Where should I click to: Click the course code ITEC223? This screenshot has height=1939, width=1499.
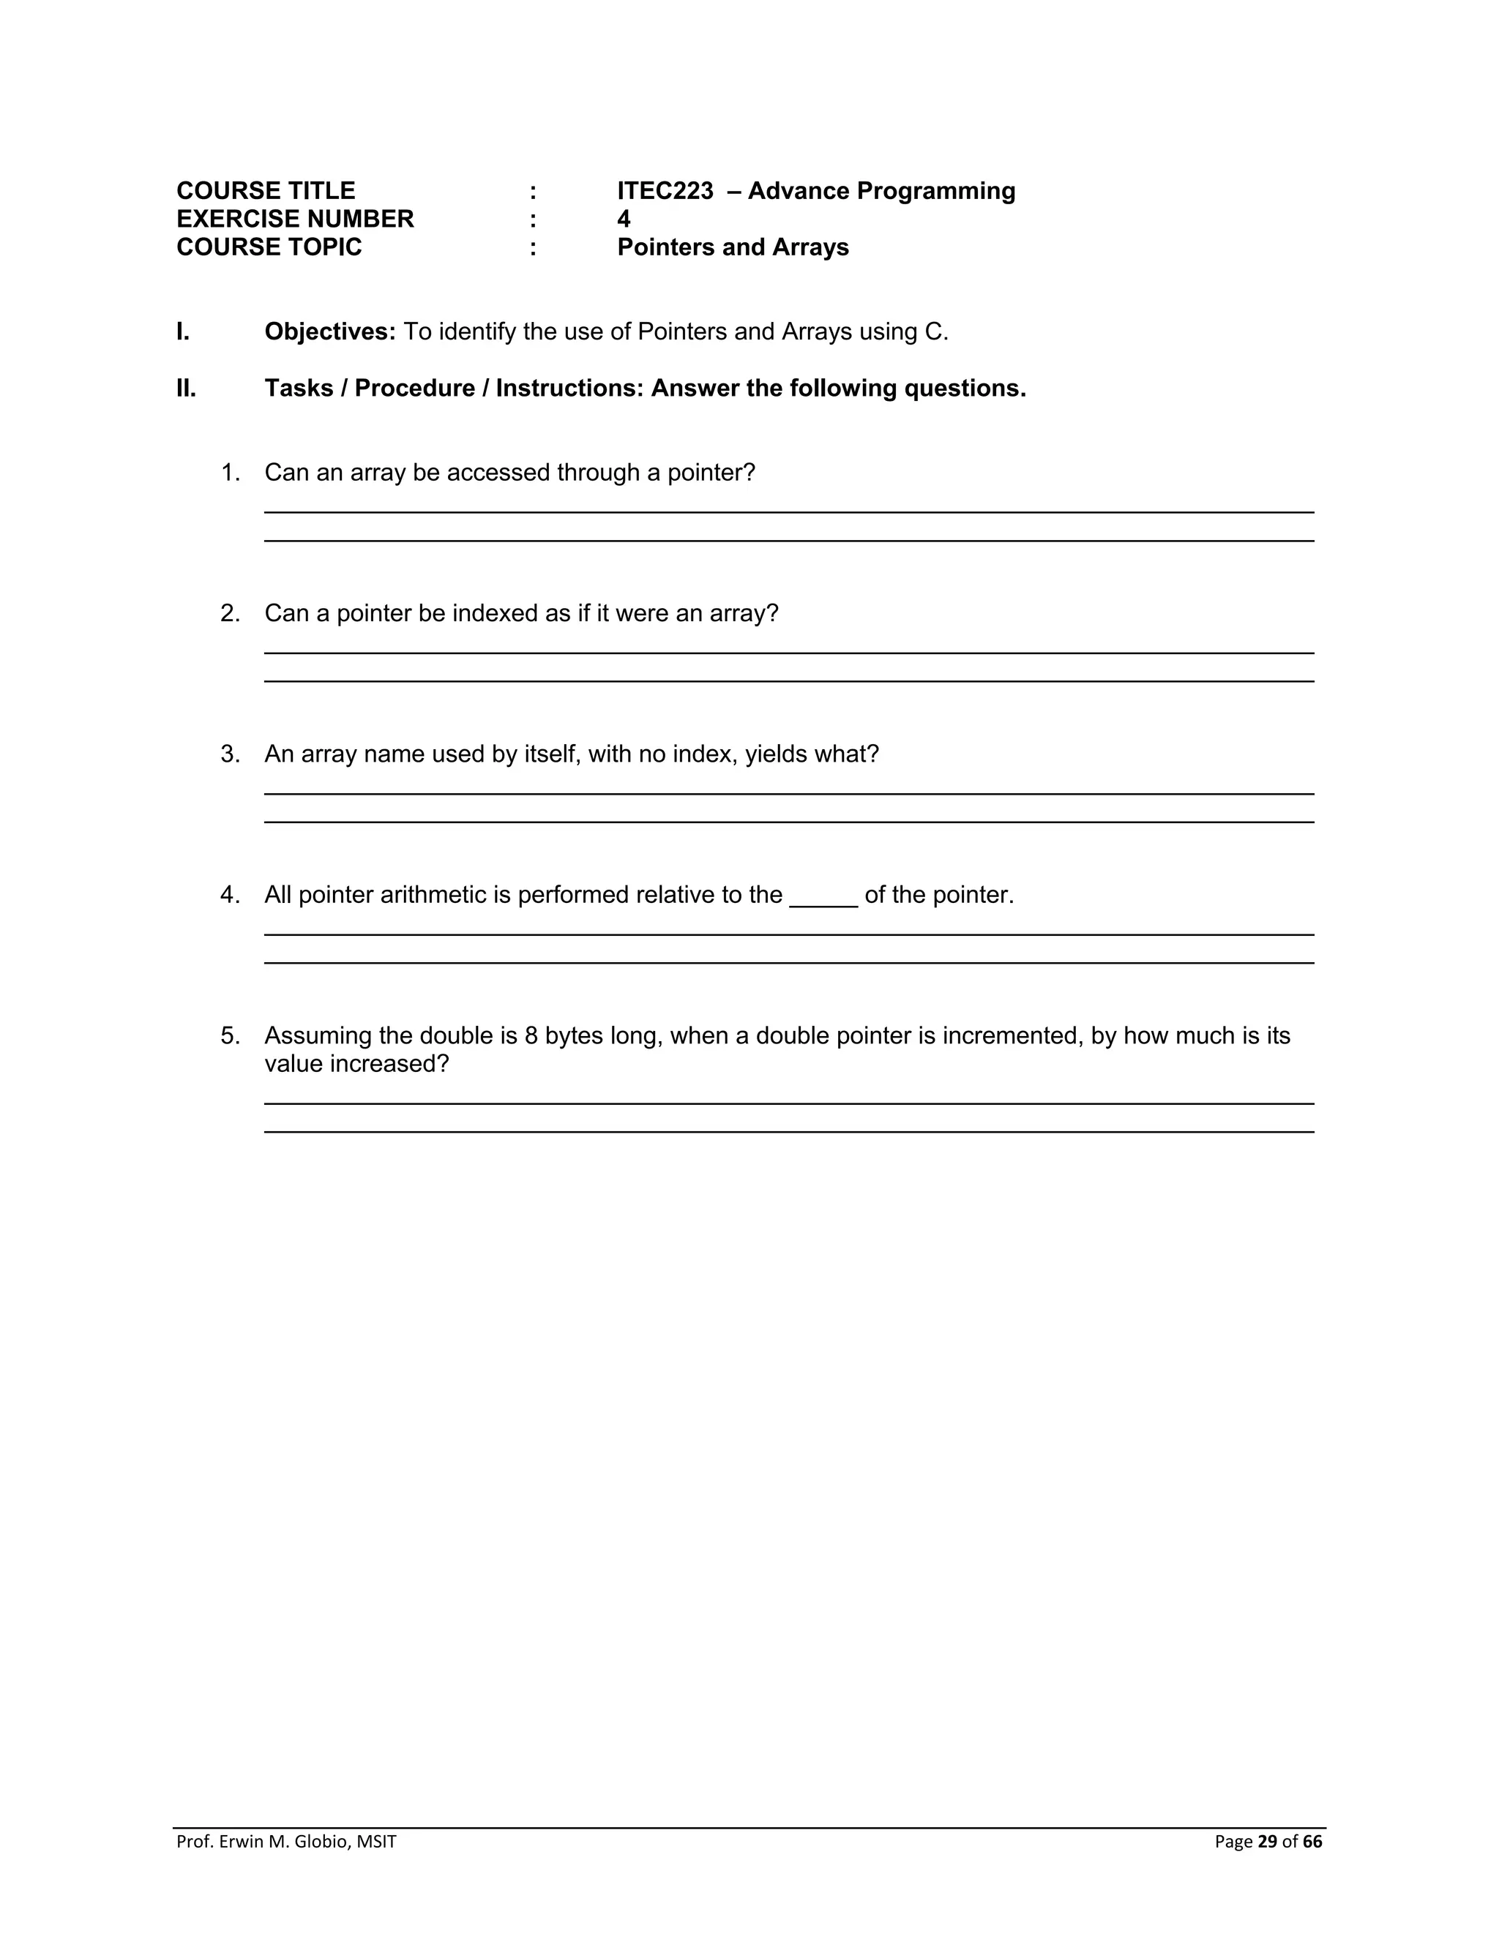pos(665,191)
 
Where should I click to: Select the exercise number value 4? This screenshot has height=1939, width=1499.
pos(624,220)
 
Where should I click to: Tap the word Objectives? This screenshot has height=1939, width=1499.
pos(329,331)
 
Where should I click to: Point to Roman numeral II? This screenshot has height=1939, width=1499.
pos(186,388)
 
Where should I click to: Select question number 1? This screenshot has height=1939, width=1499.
pos(230,473)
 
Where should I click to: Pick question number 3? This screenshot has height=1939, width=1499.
pos(230,754)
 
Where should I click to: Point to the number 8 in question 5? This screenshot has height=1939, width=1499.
pos(531,1035)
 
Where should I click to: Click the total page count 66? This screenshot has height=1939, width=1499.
pos(1312,1842)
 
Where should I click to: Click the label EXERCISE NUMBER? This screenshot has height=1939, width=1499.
pos(295,220)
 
